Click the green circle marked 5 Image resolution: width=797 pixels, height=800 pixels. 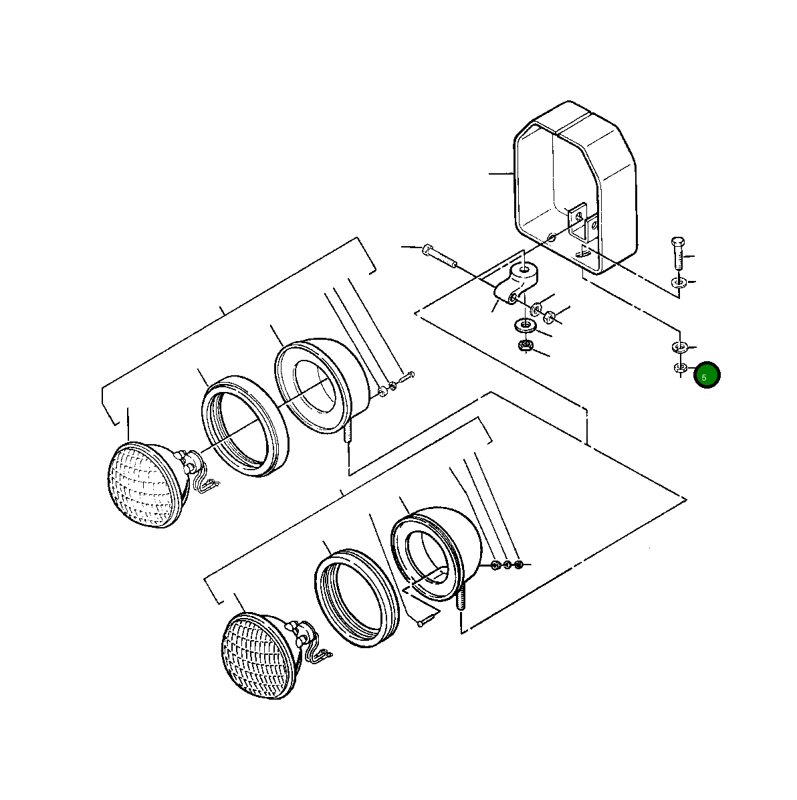click(x=706, y=376)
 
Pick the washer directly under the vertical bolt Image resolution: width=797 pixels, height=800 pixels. click(x=679, y=282)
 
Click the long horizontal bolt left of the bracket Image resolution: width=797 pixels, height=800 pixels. click(x=439, y=257)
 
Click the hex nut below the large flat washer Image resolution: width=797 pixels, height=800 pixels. click(x=526, y=346)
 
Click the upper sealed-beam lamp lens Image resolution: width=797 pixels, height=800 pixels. click(x=144, y=484)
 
